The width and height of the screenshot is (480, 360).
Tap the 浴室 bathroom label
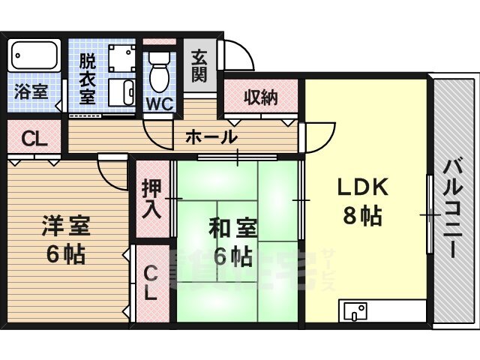(x=30, y=93)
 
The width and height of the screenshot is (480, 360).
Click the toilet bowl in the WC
(x=158, y=74)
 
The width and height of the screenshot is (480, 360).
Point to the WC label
(x=159, y=103)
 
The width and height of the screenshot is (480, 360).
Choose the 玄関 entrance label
(x=199, y=65)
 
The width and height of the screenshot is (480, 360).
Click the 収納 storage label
(x=260, y=97)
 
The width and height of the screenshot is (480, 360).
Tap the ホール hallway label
(x=211, y=138)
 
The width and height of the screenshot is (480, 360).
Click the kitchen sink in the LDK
(x=354, y=310)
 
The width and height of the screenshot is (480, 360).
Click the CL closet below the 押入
(x=151, y=283)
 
